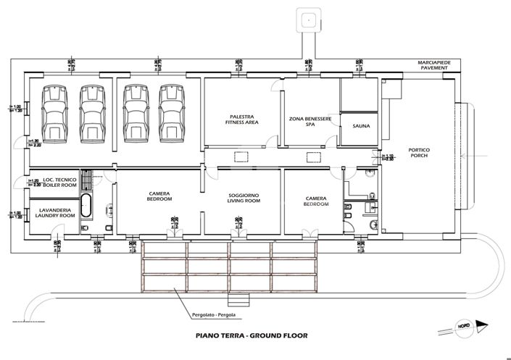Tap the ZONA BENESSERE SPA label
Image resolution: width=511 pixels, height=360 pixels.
coord(310,121)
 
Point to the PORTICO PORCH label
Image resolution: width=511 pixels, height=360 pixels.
coord(419,152)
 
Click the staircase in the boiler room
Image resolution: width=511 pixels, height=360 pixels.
coord(88,179)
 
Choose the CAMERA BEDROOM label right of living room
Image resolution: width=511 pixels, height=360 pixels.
coord(316,201)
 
